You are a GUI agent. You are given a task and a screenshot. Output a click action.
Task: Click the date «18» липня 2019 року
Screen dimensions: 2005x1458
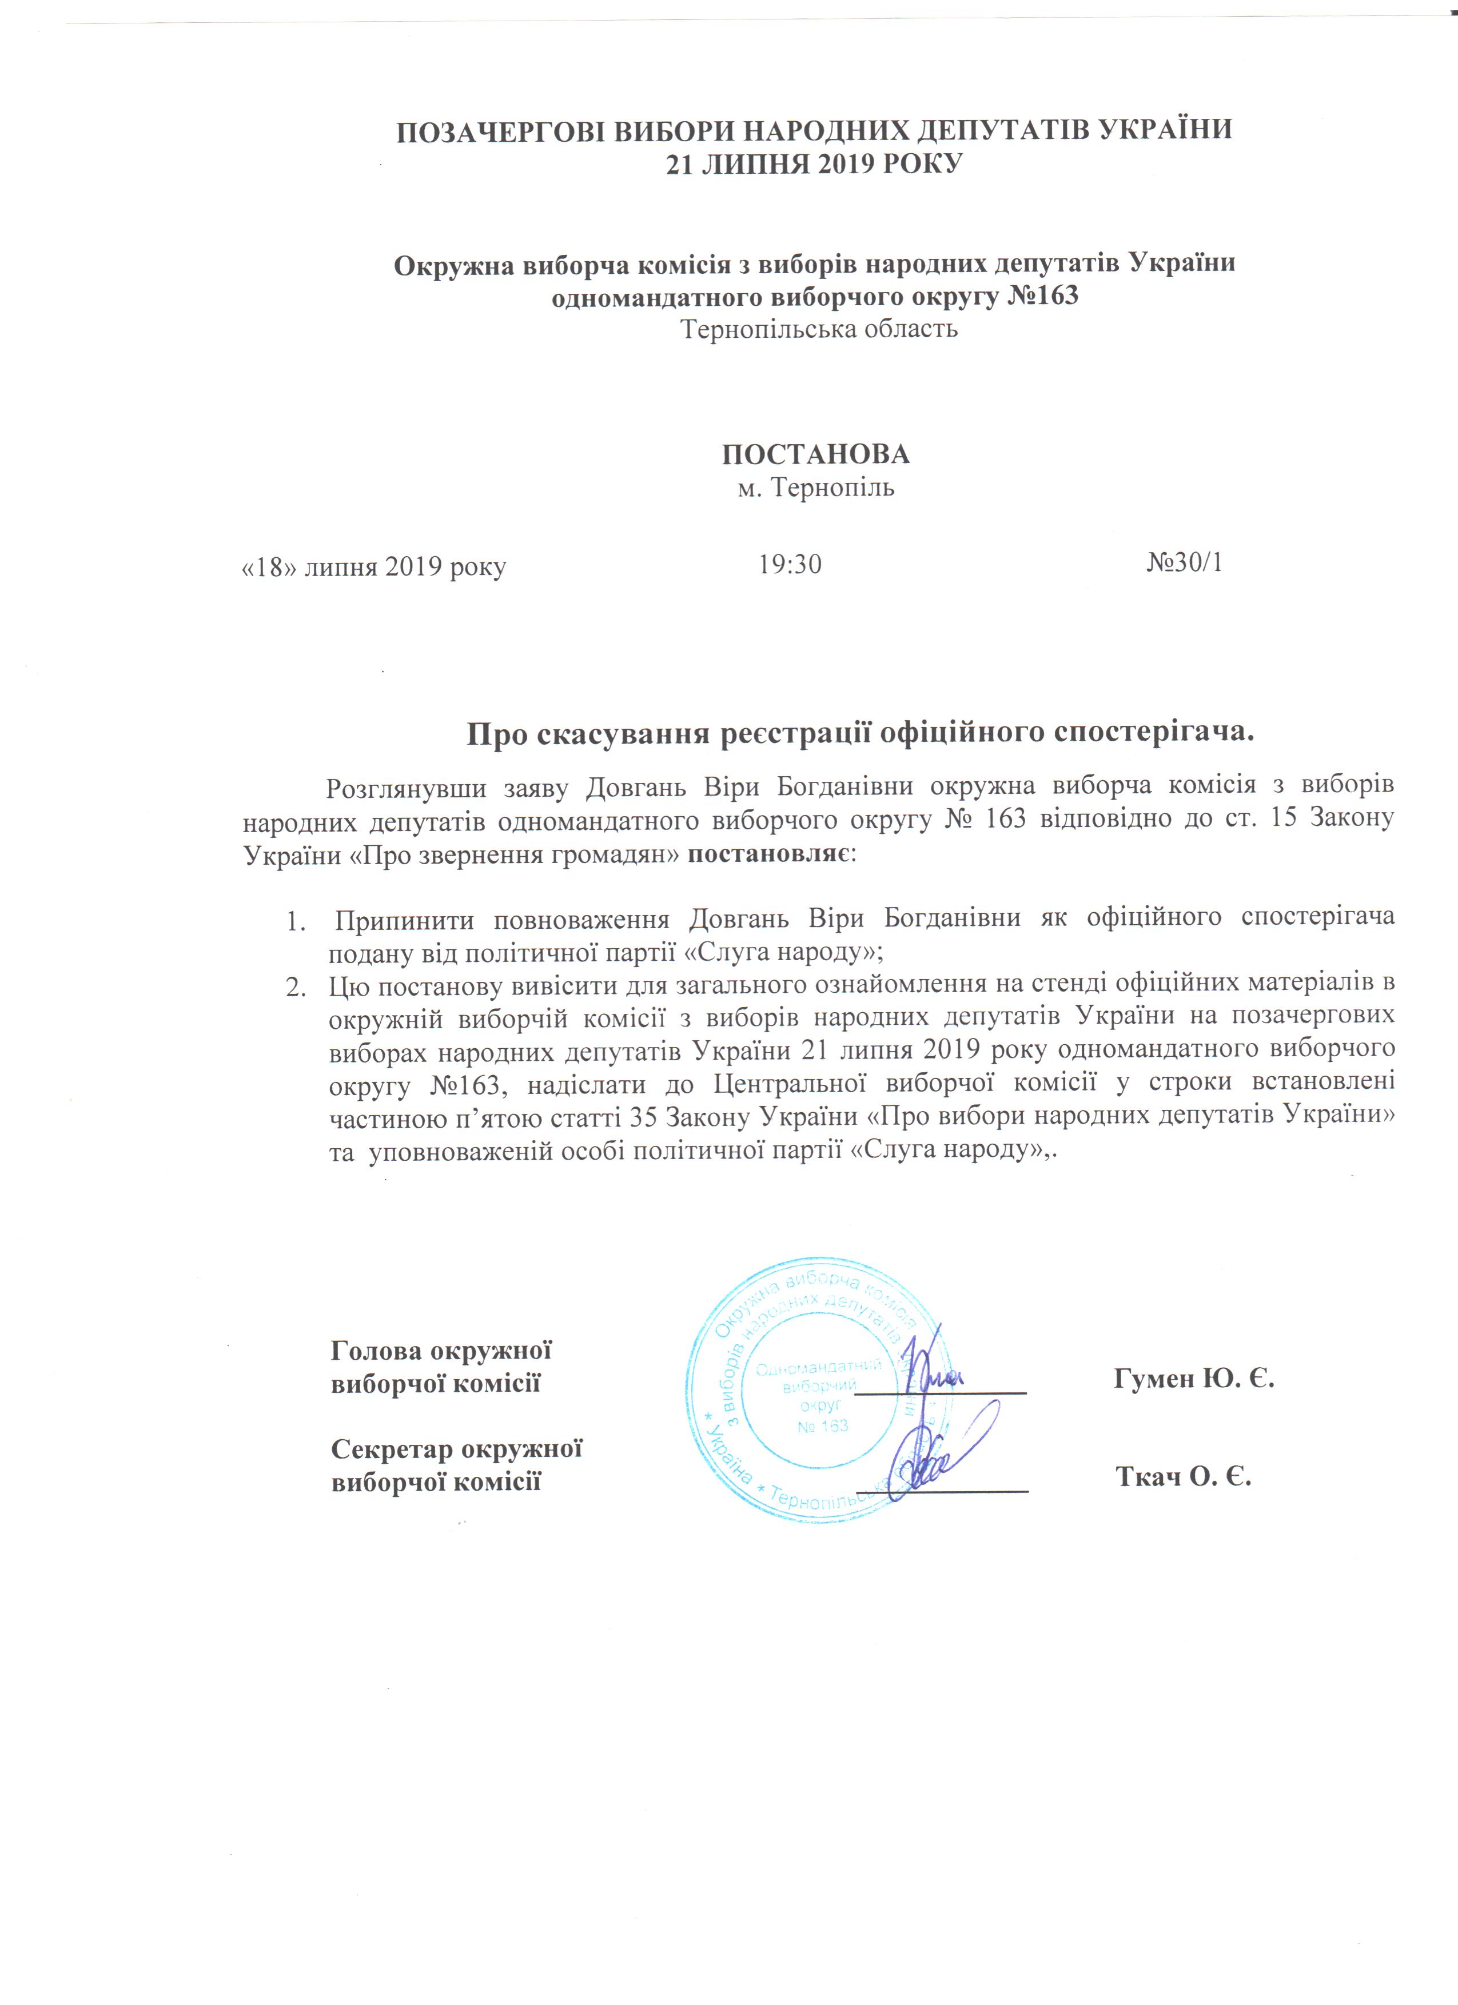[374, 566]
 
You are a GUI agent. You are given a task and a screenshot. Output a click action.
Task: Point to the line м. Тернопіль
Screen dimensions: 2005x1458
[815, 487]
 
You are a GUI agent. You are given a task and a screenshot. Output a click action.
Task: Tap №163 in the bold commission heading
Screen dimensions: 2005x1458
[1043, 295]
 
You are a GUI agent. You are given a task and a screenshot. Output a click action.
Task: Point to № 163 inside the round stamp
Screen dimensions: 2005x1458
[822, 1426]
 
